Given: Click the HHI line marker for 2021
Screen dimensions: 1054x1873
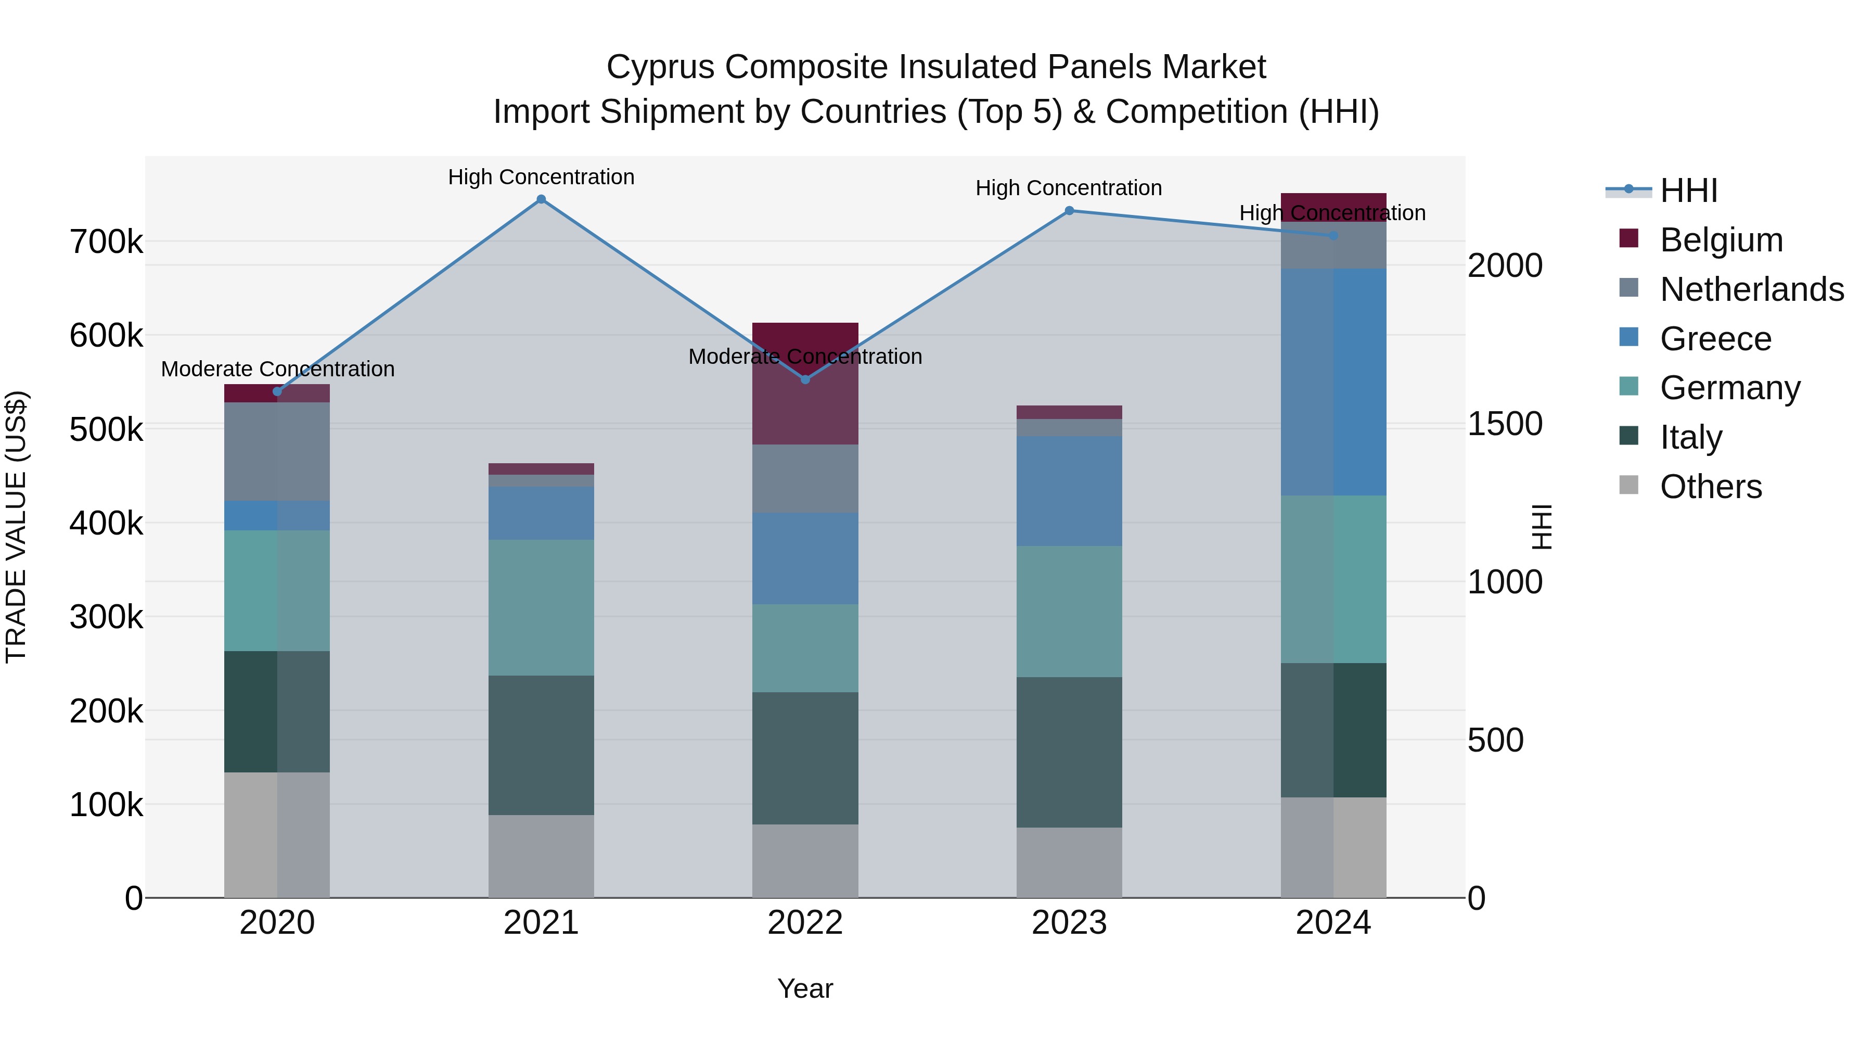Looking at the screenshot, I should (541, 199).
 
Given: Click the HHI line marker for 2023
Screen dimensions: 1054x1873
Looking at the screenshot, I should (1069, 211).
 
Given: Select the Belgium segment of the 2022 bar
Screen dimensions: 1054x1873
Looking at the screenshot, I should (805, 408).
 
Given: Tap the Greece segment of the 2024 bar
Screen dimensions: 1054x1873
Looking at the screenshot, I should (1333, 382).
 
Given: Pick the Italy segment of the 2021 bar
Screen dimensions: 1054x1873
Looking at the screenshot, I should (541, 745).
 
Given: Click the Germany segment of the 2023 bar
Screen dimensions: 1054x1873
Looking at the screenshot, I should (1069, 611).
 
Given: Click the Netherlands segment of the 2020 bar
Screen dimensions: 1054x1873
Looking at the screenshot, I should (277, 451).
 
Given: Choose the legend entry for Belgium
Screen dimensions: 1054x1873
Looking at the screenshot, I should (1721, 240).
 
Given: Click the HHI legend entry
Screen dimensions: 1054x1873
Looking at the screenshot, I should (1688, 191).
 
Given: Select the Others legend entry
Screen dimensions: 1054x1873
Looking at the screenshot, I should (1710, 487).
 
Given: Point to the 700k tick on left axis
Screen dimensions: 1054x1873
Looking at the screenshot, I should (106, 242).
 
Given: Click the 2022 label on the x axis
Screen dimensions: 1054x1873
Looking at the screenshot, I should (805, 923).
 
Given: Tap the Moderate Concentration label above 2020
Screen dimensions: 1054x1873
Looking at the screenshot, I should (277, 369).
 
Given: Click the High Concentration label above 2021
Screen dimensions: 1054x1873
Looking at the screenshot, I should (541, 177).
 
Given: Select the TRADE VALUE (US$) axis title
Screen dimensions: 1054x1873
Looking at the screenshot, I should (16, 527).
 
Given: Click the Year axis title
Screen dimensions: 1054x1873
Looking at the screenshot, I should (805, 988).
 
